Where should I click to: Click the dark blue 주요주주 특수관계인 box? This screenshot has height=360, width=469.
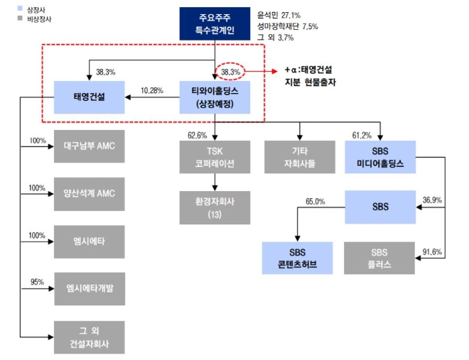pos(215,24)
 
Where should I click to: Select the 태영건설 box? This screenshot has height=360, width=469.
pos(90,97)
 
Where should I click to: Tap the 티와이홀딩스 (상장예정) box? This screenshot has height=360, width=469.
pos(215,97)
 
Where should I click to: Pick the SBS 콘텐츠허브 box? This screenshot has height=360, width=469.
pos(296,258)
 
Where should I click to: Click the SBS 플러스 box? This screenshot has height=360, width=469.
pos(379,258)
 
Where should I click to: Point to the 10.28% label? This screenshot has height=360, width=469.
pos(153,90)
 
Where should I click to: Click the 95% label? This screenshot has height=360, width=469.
pos(37,282)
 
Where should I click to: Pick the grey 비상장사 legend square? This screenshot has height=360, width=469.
pos(20,19)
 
